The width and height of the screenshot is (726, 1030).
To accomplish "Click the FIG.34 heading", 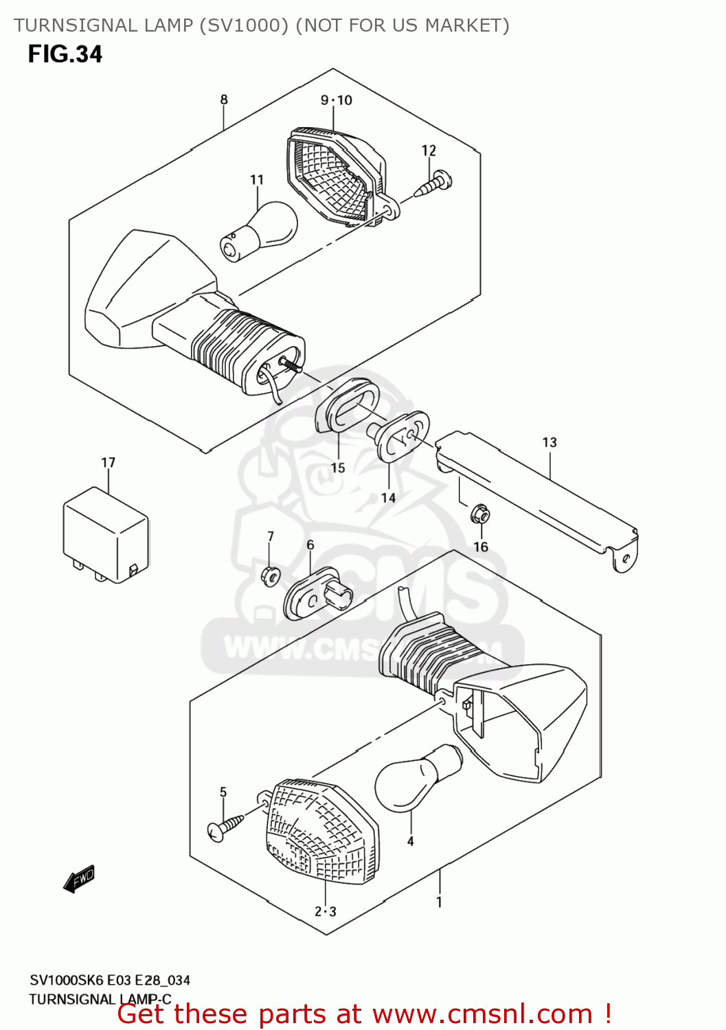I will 65,54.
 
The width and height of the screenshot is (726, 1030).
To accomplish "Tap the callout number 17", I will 108,463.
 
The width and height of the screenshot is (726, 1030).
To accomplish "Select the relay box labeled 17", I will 106,534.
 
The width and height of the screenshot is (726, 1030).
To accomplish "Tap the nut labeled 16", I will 480,514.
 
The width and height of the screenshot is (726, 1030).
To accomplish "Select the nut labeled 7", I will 270,575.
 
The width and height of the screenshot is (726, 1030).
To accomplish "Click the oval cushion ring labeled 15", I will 348,405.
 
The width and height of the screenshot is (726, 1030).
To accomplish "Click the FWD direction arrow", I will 78,879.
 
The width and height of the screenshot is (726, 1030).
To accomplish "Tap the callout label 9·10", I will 336,100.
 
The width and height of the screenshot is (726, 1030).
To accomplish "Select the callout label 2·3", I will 326,912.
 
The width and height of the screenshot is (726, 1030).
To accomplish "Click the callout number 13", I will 549,442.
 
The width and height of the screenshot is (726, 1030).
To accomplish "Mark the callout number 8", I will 224,100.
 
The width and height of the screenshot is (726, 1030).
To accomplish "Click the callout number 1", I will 439,902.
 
